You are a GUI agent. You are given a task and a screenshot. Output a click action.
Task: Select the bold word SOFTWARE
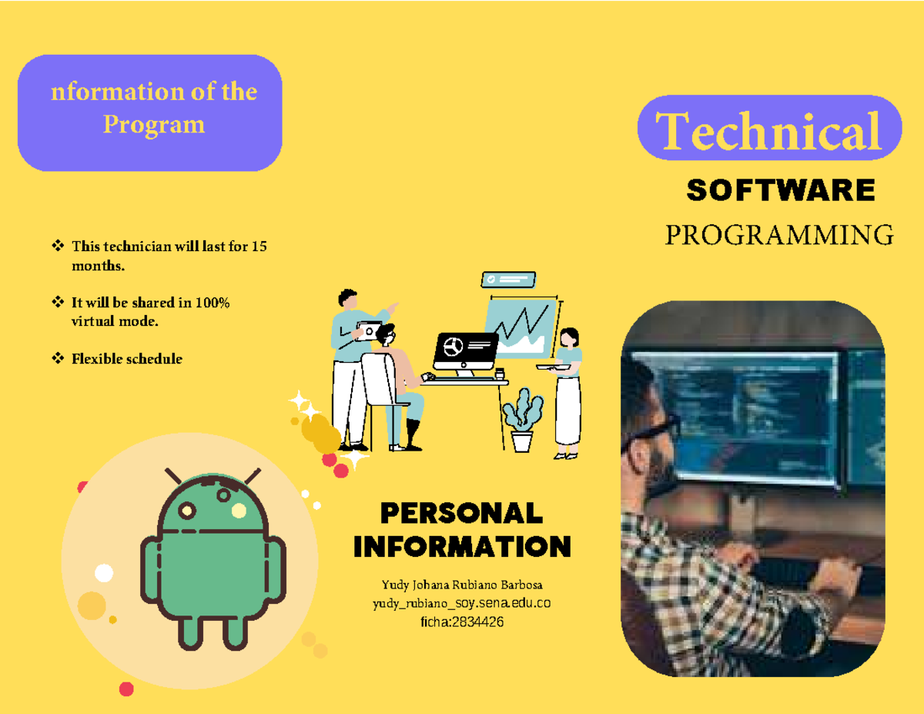click(x=780, y=189)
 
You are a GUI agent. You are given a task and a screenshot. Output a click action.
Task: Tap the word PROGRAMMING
click(x=779, y=234)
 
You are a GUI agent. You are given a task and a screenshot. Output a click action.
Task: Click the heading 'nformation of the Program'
click(x=153, y=108)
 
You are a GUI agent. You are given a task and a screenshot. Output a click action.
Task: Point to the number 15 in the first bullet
click(x=259, y=247)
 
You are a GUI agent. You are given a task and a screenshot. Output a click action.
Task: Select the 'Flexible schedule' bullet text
click(x=127, y=358)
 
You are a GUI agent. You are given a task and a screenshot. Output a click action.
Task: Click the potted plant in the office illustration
click(x=522, y=420)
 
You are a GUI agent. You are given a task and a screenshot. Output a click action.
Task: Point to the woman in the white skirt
click(x=568, y=393)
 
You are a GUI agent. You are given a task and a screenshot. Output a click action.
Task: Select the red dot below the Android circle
click(x=126, y=688)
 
